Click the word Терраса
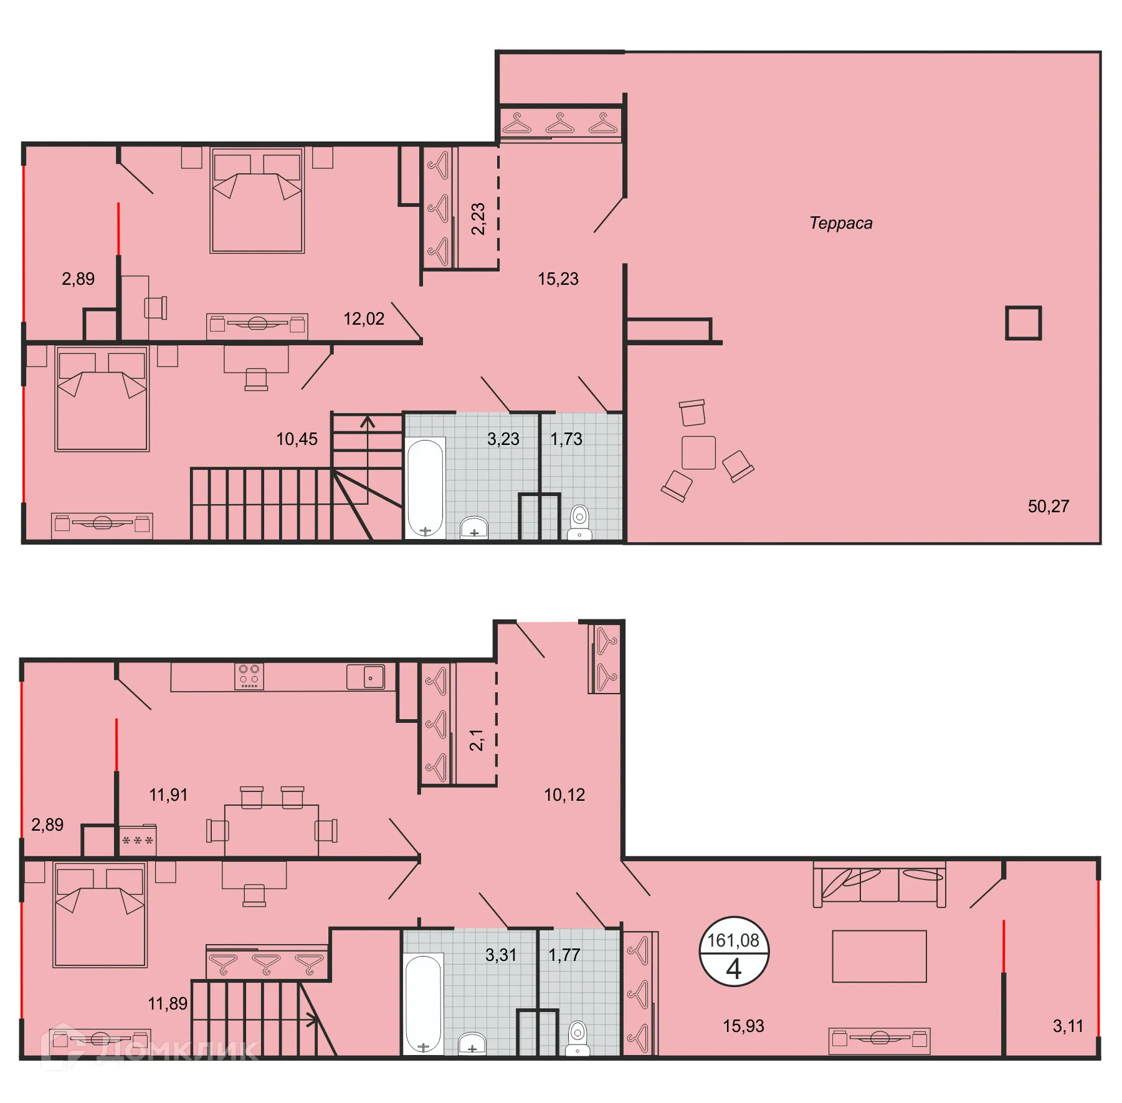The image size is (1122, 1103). click(x=840, y=223)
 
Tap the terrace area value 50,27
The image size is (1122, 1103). click(x=1048, y=506)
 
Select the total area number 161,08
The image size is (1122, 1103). click(x=733, y=940)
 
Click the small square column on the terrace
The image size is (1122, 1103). click(x=1023, y=323)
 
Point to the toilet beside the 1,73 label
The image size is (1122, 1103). click(x=579, y=521)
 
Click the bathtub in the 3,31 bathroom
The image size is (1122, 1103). click(x=424, y=1003)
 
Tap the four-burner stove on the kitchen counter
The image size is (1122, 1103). click(x=249, y=676)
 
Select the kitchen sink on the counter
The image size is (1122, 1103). click(x=366, y=677)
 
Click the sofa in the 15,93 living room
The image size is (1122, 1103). click(x=879, y=884)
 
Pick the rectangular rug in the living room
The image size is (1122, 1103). click(x=879, y=956)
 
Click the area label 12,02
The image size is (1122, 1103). click(x=364, y=319)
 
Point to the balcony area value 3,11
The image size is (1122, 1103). click(x=1068, y=1026)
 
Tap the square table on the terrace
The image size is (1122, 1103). click(x=698, y=452)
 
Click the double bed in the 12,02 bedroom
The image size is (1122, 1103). click(x=257, y=200)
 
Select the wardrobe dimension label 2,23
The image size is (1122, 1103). click(x=478, y=219)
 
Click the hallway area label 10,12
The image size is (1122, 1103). click(x=564, y=795)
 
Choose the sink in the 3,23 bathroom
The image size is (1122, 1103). click(x=474, y=527)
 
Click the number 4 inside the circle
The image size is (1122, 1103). click(x=734, y=969)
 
